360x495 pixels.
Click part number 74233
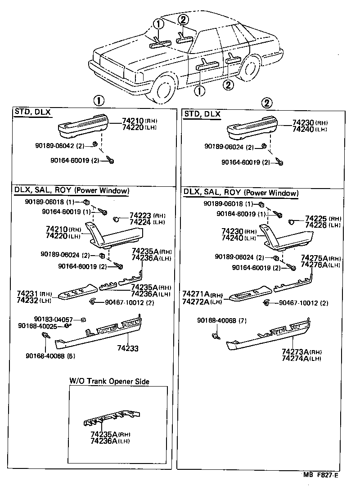point(127,348)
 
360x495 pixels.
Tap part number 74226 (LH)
point(317,225)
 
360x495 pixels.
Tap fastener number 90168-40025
point(38,326)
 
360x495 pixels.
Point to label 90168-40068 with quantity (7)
point(218,320)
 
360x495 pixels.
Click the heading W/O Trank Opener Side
point(109,381)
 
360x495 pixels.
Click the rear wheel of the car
point(250,68)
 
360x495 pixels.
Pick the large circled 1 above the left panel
point(99,101)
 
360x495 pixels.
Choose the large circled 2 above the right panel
point(267,103)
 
